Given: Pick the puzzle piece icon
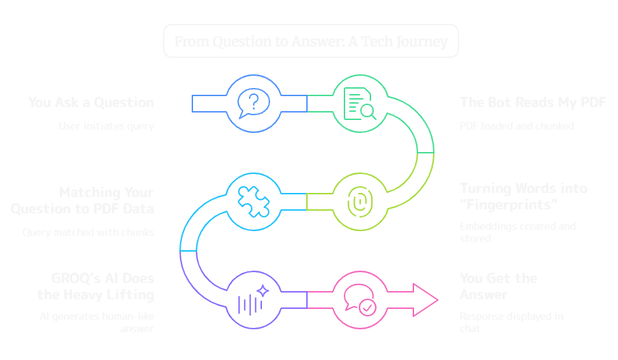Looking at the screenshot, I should tap(253, 201).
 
